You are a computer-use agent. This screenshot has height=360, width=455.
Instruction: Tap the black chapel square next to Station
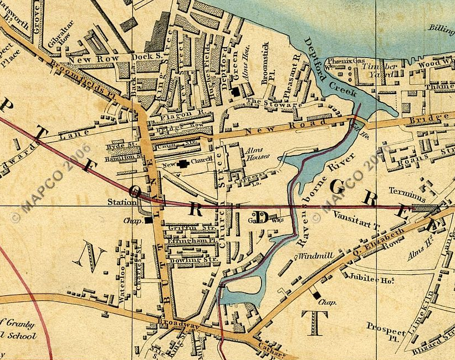pos(149,220)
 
